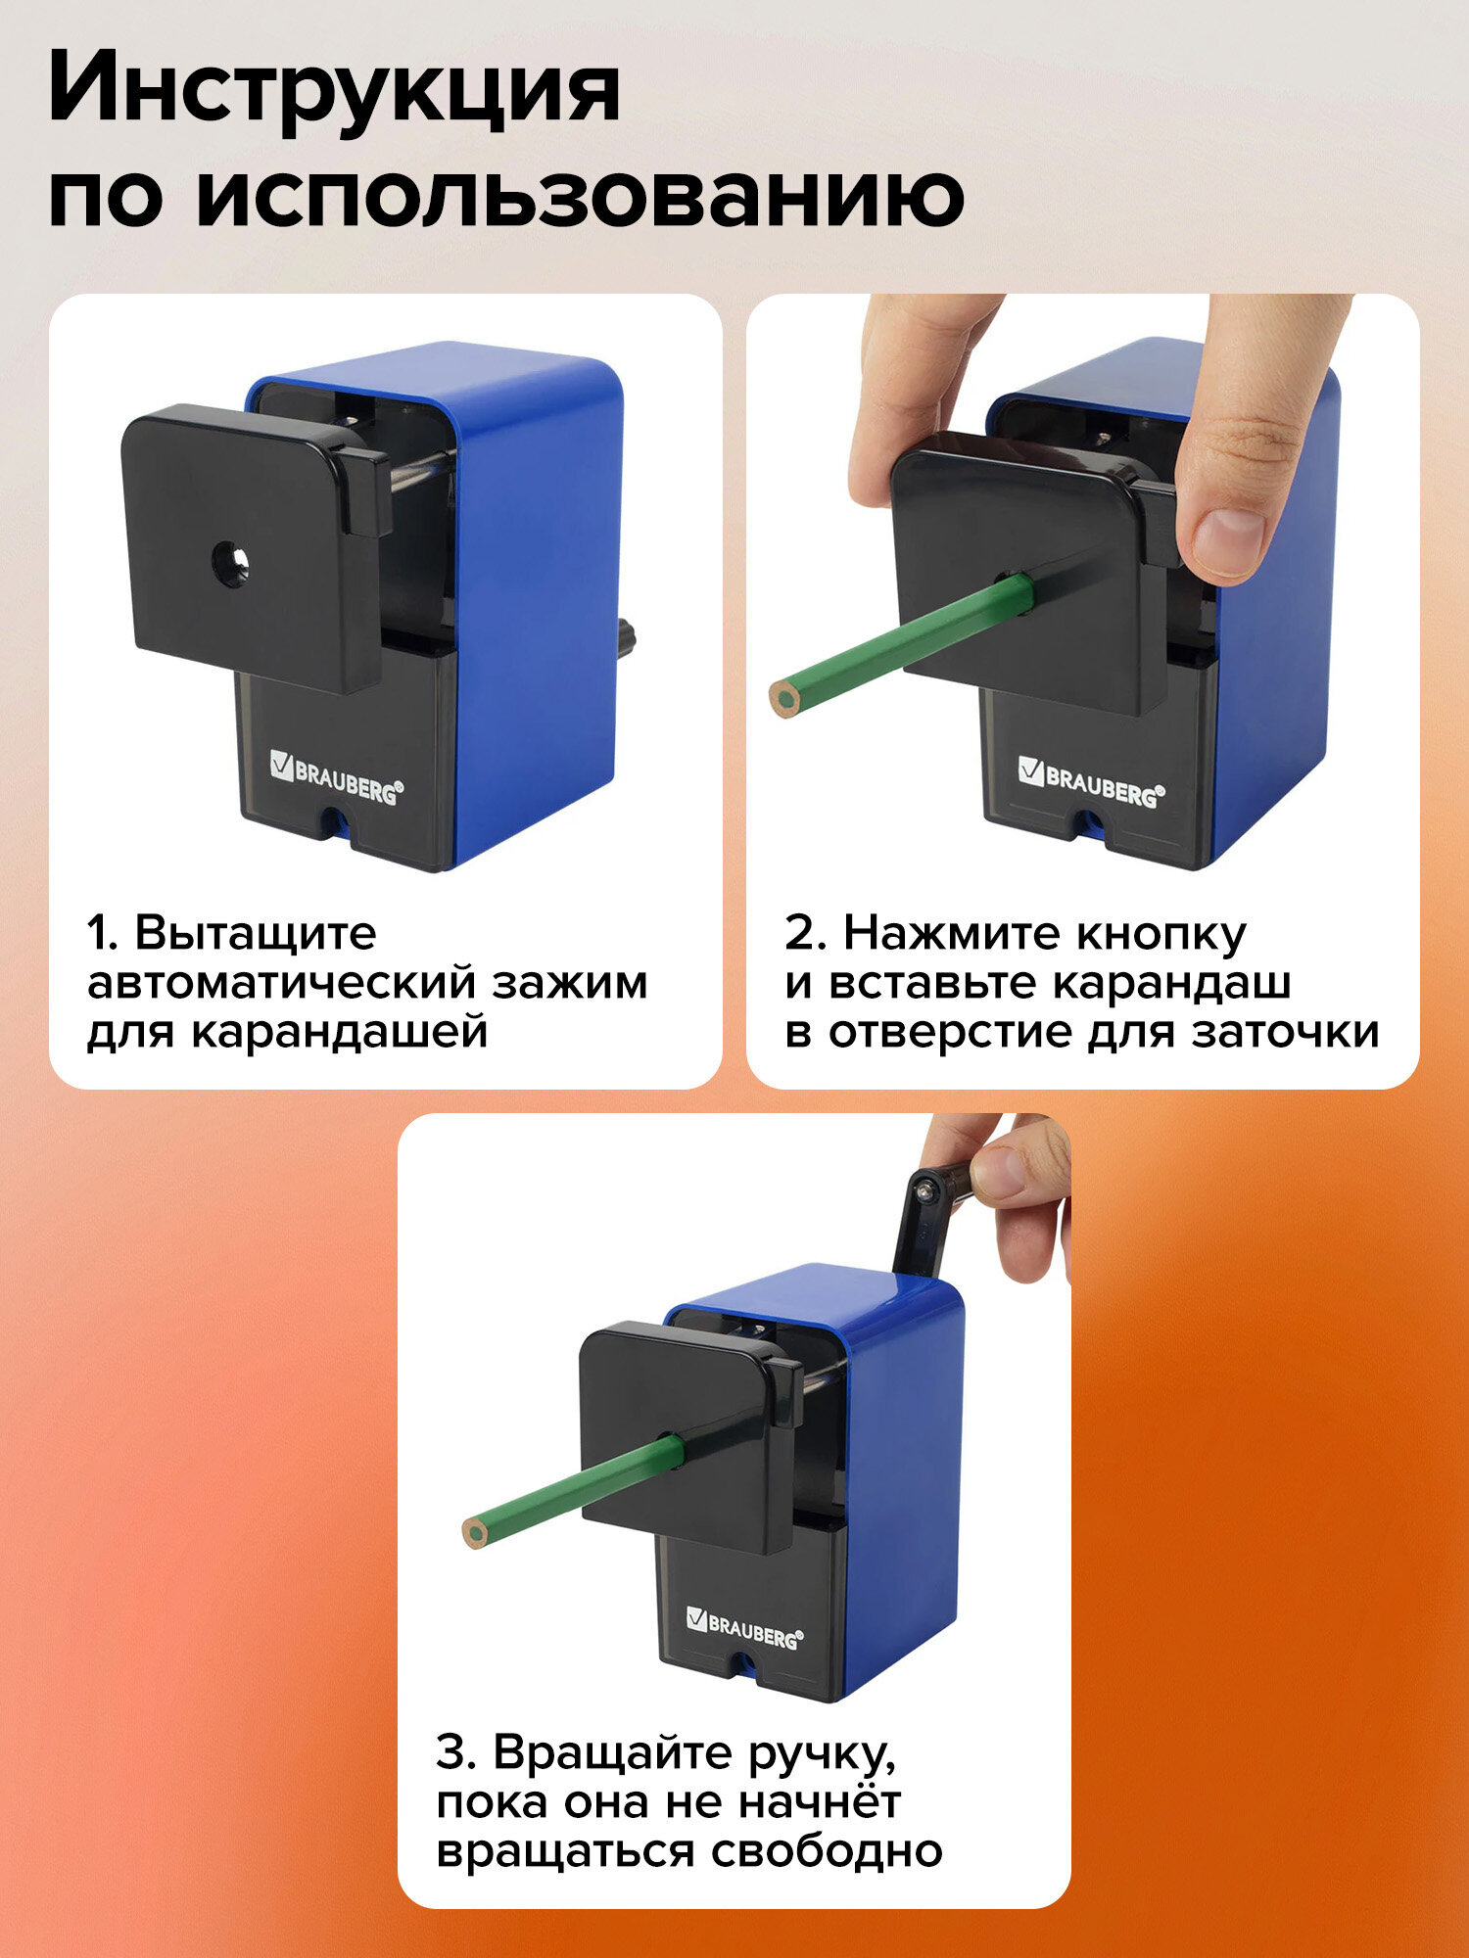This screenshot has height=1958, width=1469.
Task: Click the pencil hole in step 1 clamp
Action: [230, 566]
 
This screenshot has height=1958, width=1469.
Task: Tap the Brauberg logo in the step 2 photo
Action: [1087, 780]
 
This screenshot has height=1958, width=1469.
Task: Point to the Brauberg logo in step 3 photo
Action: [744, 1626]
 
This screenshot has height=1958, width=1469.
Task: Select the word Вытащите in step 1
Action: [255, 934]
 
